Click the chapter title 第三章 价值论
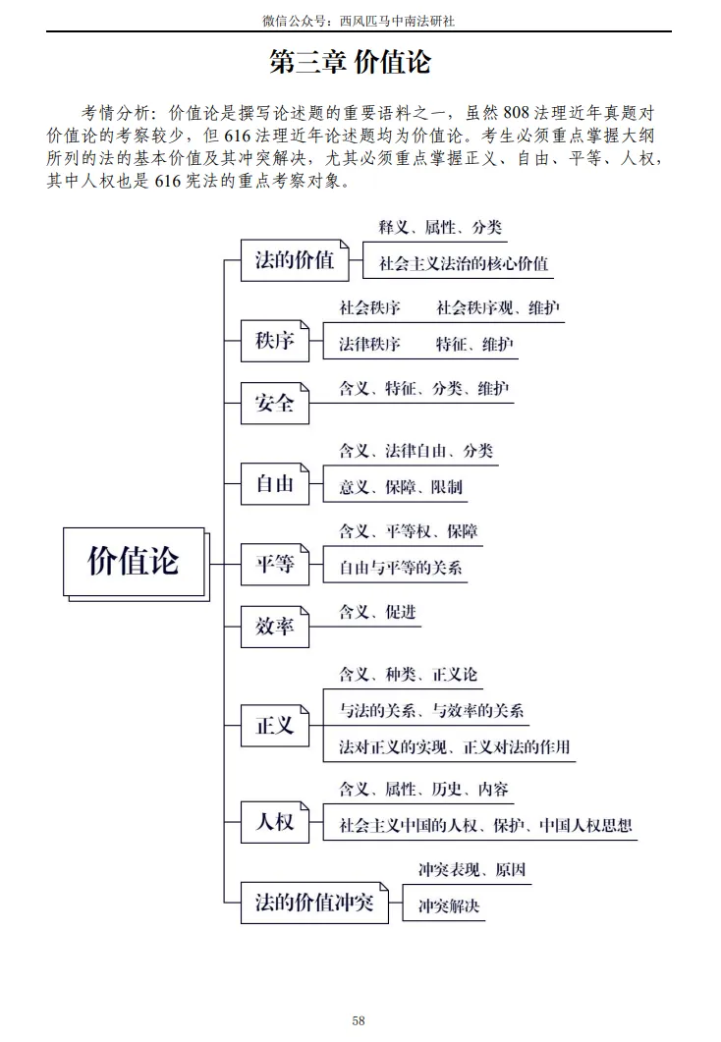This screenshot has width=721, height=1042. [x=351, y=63]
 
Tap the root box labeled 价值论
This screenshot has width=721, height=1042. [x=135, y=561]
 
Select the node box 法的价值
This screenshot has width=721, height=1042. [x=294, y=260]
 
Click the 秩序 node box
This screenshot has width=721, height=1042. [x=275, y=343]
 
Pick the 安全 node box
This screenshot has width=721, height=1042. [x=275, y=403]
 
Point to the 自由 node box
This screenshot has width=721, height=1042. [x=275, y=483]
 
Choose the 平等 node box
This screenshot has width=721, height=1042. [x=275, y=564]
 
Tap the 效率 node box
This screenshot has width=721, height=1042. [x=275, y=626]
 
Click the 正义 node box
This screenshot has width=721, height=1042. [x=275, y=725]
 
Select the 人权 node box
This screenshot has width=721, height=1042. [x=275, y=821]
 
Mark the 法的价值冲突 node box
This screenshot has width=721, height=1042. [x=314, y=902]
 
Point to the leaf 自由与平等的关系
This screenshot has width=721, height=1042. [x=400, y=568]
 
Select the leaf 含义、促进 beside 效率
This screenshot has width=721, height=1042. [x=377, y=613]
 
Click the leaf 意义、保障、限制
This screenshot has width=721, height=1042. [x=400, y=487]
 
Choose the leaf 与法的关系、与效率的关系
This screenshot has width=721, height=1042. [x=431, y=712]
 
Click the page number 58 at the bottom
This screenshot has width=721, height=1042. [x=359, y=1021]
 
